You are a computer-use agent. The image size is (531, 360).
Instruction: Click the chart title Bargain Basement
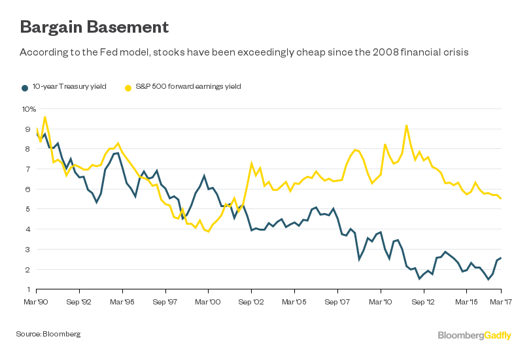tap(95, 27)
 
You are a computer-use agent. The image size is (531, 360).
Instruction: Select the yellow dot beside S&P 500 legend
tap(129, 86)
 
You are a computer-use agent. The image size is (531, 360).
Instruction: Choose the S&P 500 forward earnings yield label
tap(188, 86)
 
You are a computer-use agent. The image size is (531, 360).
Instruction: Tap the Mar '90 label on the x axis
tap(36, 303)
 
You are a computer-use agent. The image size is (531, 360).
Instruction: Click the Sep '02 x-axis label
tap(251, 303)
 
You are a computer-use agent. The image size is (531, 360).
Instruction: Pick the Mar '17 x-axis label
tap(502, 303)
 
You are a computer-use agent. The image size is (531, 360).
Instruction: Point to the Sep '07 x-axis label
tap(337, 303)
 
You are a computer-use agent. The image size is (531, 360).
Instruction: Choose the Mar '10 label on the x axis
tap(381, 303)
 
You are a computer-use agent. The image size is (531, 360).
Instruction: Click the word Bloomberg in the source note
tap(61, 335)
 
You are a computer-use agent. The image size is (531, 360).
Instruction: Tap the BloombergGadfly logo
tap(475, 335)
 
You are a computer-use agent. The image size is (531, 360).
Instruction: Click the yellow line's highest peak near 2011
tap(407, 125)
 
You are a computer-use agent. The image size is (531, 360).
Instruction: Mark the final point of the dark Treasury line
tap(501, 258)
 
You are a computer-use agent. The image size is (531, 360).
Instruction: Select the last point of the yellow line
tap(501, 198)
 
